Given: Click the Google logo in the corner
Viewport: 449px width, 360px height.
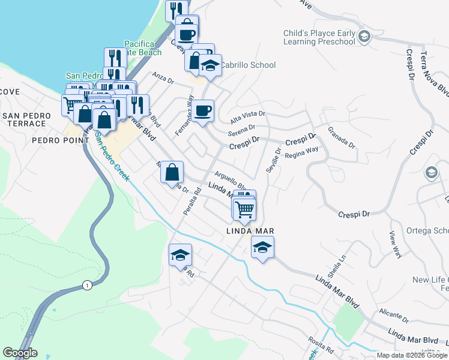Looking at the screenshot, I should pos(20,353).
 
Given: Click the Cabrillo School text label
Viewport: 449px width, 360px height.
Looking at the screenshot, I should pos(247,65).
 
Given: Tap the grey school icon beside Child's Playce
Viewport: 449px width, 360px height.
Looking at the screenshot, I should pos(364,38).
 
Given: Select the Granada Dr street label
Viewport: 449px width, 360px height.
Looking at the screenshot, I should pos(342,137).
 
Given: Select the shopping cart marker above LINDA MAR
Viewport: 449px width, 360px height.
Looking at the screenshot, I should pos(245,209).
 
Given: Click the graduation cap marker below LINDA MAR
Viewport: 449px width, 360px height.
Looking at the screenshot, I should pos(262,247).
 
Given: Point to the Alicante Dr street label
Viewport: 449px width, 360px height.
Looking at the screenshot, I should pos(393,316).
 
